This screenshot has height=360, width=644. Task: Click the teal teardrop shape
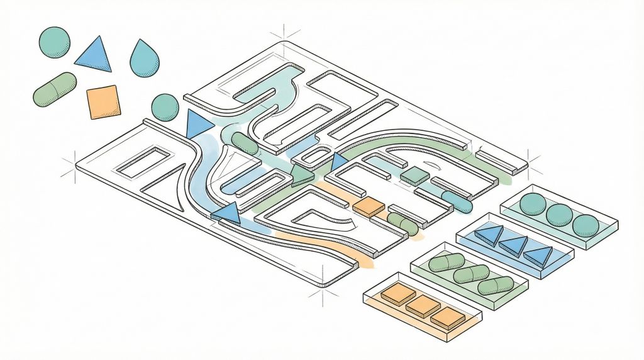click(144, 59)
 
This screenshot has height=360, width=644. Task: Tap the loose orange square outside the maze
click(103, 102)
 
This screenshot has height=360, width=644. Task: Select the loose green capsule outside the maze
click(55, 89)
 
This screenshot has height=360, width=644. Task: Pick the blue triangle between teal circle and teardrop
click(94, 55)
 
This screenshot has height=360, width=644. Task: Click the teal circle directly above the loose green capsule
click(54, 42)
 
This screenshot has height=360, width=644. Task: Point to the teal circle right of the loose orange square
click(165, 107)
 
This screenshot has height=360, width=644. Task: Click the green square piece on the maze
click(415, 176)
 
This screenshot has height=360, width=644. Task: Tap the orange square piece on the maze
click(369, 206)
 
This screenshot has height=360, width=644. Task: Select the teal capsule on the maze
click(457, 201)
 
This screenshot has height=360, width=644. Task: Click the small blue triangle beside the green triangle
click(339, 162)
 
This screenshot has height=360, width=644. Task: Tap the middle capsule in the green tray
click(471, 274)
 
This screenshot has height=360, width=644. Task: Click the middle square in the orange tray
click(423, 307)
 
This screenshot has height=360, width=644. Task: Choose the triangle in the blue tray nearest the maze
click(489, 235)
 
